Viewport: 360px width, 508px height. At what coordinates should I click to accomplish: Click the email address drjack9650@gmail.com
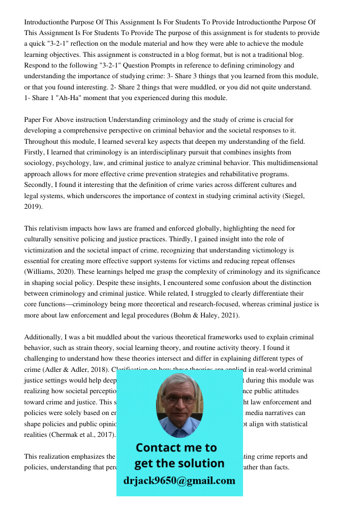[179, 480]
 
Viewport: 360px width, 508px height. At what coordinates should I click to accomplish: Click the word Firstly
[35, 152]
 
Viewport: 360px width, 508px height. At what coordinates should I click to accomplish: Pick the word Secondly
[40, 185]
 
